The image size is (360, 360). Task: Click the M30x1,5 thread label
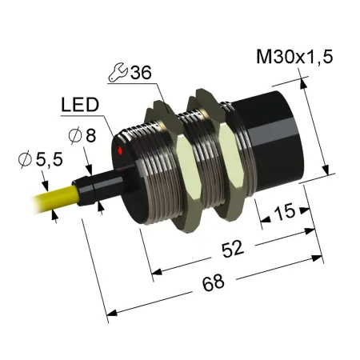(294, 57)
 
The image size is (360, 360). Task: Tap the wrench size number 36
(141, 72)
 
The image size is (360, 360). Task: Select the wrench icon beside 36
(118, 72)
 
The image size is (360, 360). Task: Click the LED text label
(80, 105)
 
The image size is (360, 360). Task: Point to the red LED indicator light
(120, 150)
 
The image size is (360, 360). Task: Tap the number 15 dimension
(284, 212)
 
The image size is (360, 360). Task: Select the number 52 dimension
(233, 249)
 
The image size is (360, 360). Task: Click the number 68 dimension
(213, 282)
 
